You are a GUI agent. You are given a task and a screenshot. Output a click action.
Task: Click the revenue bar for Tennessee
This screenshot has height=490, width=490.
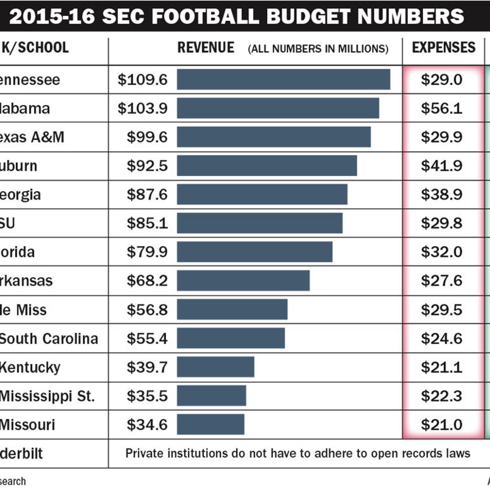[x=283, y=79]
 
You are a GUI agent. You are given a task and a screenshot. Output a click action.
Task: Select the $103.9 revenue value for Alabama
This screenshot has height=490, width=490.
[x=143, y=108]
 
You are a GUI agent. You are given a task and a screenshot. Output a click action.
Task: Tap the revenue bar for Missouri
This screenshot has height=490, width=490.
[x=211, y=425]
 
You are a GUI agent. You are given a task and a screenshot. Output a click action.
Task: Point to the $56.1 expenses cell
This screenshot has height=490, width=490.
[x=441, y=108]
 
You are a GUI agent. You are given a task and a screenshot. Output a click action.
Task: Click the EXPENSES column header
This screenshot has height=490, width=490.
[x=443, y=48]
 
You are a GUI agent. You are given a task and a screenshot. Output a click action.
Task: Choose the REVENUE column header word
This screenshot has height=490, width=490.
[x=206, y=48]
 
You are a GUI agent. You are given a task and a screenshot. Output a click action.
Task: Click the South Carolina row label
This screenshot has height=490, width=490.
[x=49, y=339]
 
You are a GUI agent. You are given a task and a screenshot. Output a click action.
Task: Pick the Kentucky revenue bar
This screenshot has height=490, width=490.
[x=216, y=367]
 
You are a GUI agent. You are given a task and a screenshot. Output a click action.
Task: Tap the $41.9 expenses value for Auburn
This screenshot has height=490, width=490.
[x=441, y=166]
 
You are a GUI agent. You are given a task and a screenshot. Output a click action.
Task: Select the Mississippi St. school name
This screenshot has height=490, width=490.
[x=47, y=396]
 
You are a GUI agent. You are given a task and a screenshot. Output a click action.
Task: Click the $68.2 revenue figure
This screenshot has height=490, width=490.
[x=147, y=281]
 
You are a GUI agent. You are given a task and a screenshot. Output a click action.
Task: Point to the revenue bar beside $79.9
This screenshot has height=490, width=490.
[x=254, y=252]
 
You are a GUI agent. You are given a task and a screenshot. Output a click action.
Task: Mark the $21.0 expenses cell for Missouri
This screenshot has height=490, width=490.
[x=441, y=425]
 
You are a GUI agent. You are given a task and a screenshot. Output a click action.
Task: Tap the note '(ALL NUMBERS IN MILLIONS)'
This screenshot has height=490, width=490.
[x=318, y=49]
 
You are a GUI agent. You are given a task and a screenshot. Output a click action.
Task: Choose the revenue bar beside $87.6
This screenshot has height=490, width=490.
[x=262, y=194]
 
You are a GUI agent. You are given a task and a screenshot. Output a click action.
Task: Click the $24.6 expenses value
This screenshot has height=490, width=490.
[x=441, y=339]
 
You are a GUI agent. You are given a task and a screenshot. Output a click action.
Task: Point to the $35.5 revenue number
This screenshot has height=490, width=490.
[x=147, y=396]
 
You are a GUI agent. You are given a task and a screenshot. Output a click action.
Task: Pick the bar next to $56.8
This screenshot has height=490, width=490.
[x=232, y=310]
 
